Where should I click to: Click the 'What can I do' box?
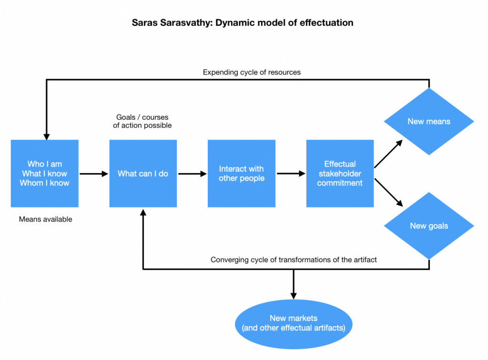[x=143, y=174]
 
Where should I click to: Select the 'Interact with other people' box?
[x=241, y=174]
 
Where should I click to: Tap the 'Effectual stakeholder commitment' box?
[x=340, y=174]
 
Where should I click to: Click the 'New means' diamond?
[x=429, y=122]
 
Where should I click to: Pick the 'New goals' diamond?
[x=429, y=226]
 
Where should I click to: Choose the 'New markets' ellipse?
[x=293, y=323]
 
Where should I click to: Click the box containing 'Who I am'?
[x=44, y=174]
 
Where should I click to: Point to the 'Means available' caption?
[x=45, y=219]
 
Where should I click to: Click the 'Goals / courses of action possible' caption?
[x=142, y=121]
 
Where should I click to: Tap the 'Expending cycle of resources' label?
[x=252, y=72]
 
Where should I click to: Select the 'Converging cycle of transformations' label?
[x=294, y=260]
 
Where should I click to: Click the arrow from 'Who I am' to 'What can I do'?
[x=94, y=174]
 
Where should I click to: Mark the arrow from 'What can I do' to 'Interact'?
[x=192, y=174]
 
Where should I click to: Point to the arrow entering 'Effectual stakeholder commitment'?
[x=291, y=174]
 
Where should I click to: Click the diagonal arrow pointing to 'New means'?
[x=389, y=154]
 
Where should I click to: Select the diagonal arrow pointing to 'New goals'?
[x=389, y=193]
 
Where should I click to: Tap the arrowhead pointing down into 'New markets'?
[x=294, y=295]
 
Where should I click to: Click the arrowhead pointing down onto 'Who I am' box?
[x=46, y=136]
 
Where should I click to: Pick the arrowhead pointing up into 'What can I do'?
[x=143, y=212]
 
